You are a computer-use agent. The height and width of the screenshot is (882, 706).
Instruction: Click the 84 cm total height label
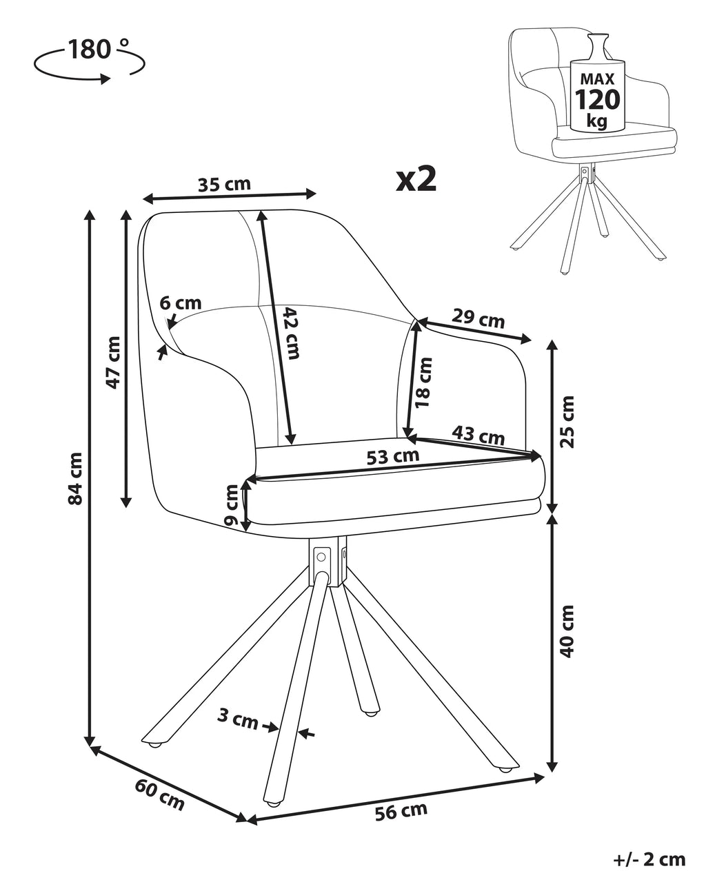[76, 478]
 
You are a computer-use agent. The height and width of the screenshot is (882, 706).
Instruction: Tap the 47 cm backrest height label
[113, 362]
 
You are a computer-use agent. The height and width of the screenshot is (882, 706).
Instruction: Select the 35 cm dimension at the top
[224, 184]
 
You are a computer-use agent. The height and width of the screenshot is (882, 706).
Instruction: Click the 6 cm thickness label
[181, 303]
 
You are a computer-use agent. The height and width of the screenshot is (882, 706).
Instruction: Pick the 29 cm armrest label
[478, 319]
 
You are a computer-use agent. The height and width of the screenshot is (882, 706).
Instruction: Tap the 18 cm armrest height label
[423, 382]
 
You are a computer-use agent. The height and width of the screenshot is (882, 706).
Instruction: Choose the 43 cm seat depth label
[478, 435]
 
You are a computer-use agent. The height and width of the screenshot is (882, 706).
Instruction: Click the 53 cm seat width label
[392, 456]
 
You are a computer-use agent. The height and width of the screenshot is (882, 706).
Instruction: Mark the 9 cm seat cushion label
[232, 505]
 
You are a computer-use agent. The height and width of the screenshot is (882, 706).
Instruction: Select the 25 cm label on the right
[567, 421]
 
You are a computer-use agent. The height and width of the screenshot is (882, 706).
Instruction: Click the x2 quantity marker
[416, 179]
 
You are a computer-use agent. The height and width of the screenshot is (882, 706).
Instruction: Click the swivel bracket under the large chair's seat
[327, 562]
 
